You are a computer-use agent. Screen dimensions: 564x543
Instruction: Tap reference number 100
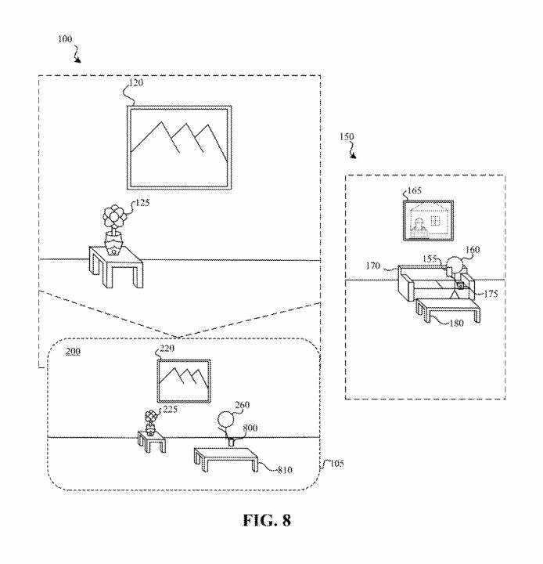pos(67,38)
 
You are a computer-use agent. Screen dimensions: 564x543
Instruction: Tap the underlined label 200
pos(73,352)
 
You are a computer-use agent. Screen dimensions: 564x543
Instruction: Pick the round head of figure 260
pos(226,421)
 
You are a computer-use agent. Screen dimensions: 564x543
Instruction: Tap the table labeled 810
pos(225,457)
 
